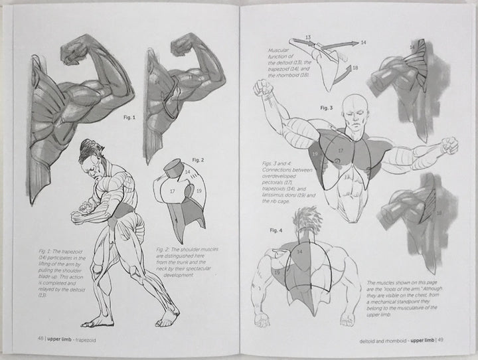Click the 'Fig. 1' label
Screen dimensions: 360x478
[x=129, y=118]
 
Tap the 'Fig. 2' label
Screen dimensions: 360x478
[x=196, y=160]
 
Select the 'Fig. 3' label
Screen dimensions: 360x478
[x=326, y=107]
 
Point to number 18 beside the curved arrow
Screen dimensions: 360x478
[x=355, y=69]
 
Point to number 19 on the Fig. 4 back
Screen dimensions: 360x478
[x=277, y=273]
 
